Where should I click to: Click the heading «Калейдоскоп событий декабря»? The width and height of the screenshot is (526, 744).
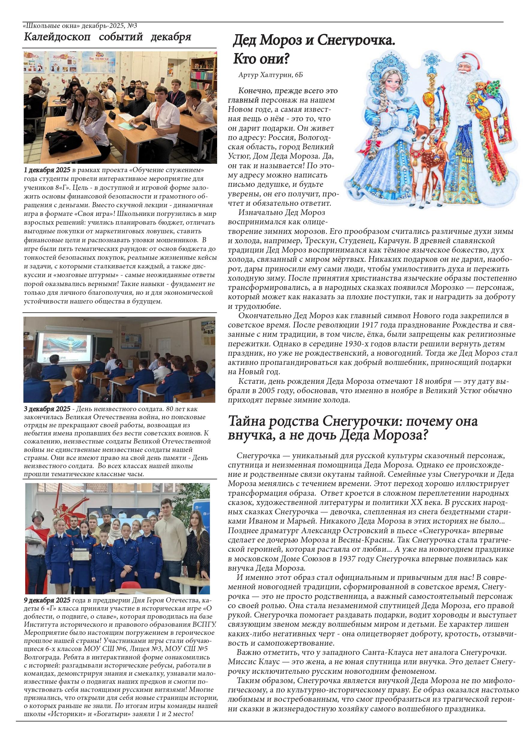107,37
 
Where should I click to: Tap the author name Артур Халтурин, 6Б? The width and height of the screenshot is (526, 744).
270,75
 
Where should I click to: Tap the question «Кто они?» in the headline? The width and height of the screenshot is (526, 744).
261,59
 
